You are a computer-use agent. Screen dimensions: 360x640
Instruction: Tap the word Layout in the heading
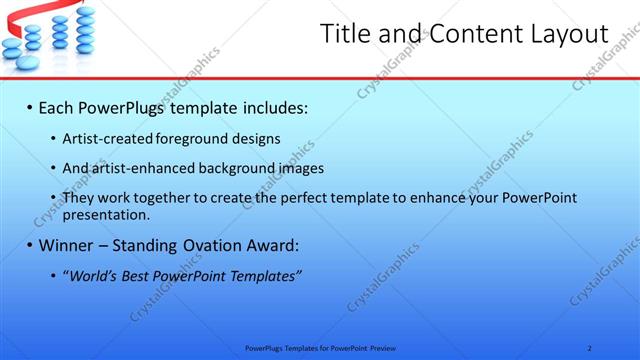569,34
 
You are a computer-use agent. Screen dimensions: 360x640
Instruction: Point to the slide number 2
589,347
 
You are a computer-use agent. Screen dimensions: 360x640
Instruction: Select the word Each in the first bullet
58,105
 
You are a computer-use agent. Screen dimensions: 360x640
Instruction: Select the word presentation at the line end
105,214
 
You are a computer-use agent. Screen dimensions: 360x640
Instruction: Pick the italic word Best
142,275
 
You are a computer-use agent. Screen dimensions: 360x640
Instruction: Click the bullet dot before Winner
29,245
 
